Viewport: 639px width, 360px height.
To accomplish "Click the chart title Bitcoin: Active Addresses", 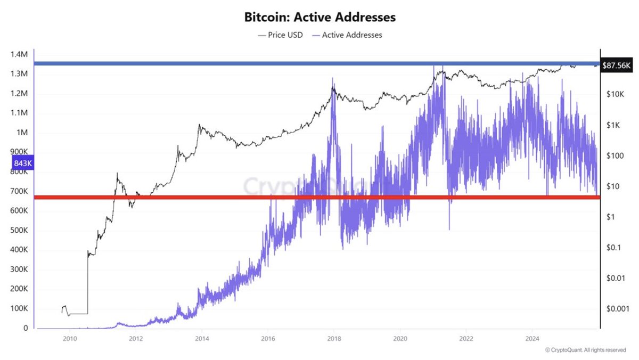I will click(x=319, y=17).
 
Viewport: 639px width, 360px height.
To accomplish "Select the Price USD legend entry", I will click(x=280, y=35).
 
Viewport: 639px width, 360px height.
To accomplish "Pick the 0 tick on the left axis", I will click(x=25, y=329).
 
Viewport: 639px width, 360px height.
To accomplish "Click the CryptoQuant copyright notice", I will click(x=585, y=350).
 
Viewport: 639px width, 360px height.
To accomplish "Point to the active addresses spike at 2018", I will click(x=333, y=80).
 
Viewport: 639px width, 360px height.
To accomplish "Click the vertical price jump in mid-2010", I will click(x=87, y=282).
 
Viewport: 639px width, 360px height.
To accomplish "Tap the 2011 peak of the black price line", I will click(x=117, y=174).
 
